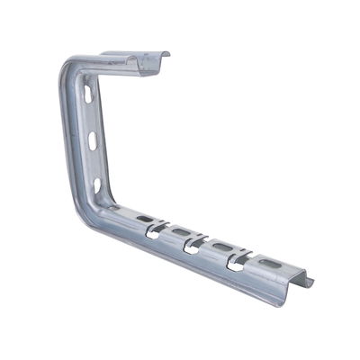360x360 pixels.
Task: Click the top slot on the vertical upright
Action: [x=87, y=93]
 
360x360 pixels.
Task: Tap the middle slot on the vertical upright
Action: [x=93, y=140]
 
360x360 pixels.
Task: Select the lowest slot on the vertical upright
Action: [x=97, y=185]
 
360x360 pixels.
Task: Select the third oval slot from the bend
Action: [x=221, y=247]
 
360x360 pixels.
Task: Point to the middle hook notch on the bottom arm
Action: [x=193, y=246]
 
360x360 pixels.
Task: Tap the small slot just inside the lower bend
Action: [x=114, y=209]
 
